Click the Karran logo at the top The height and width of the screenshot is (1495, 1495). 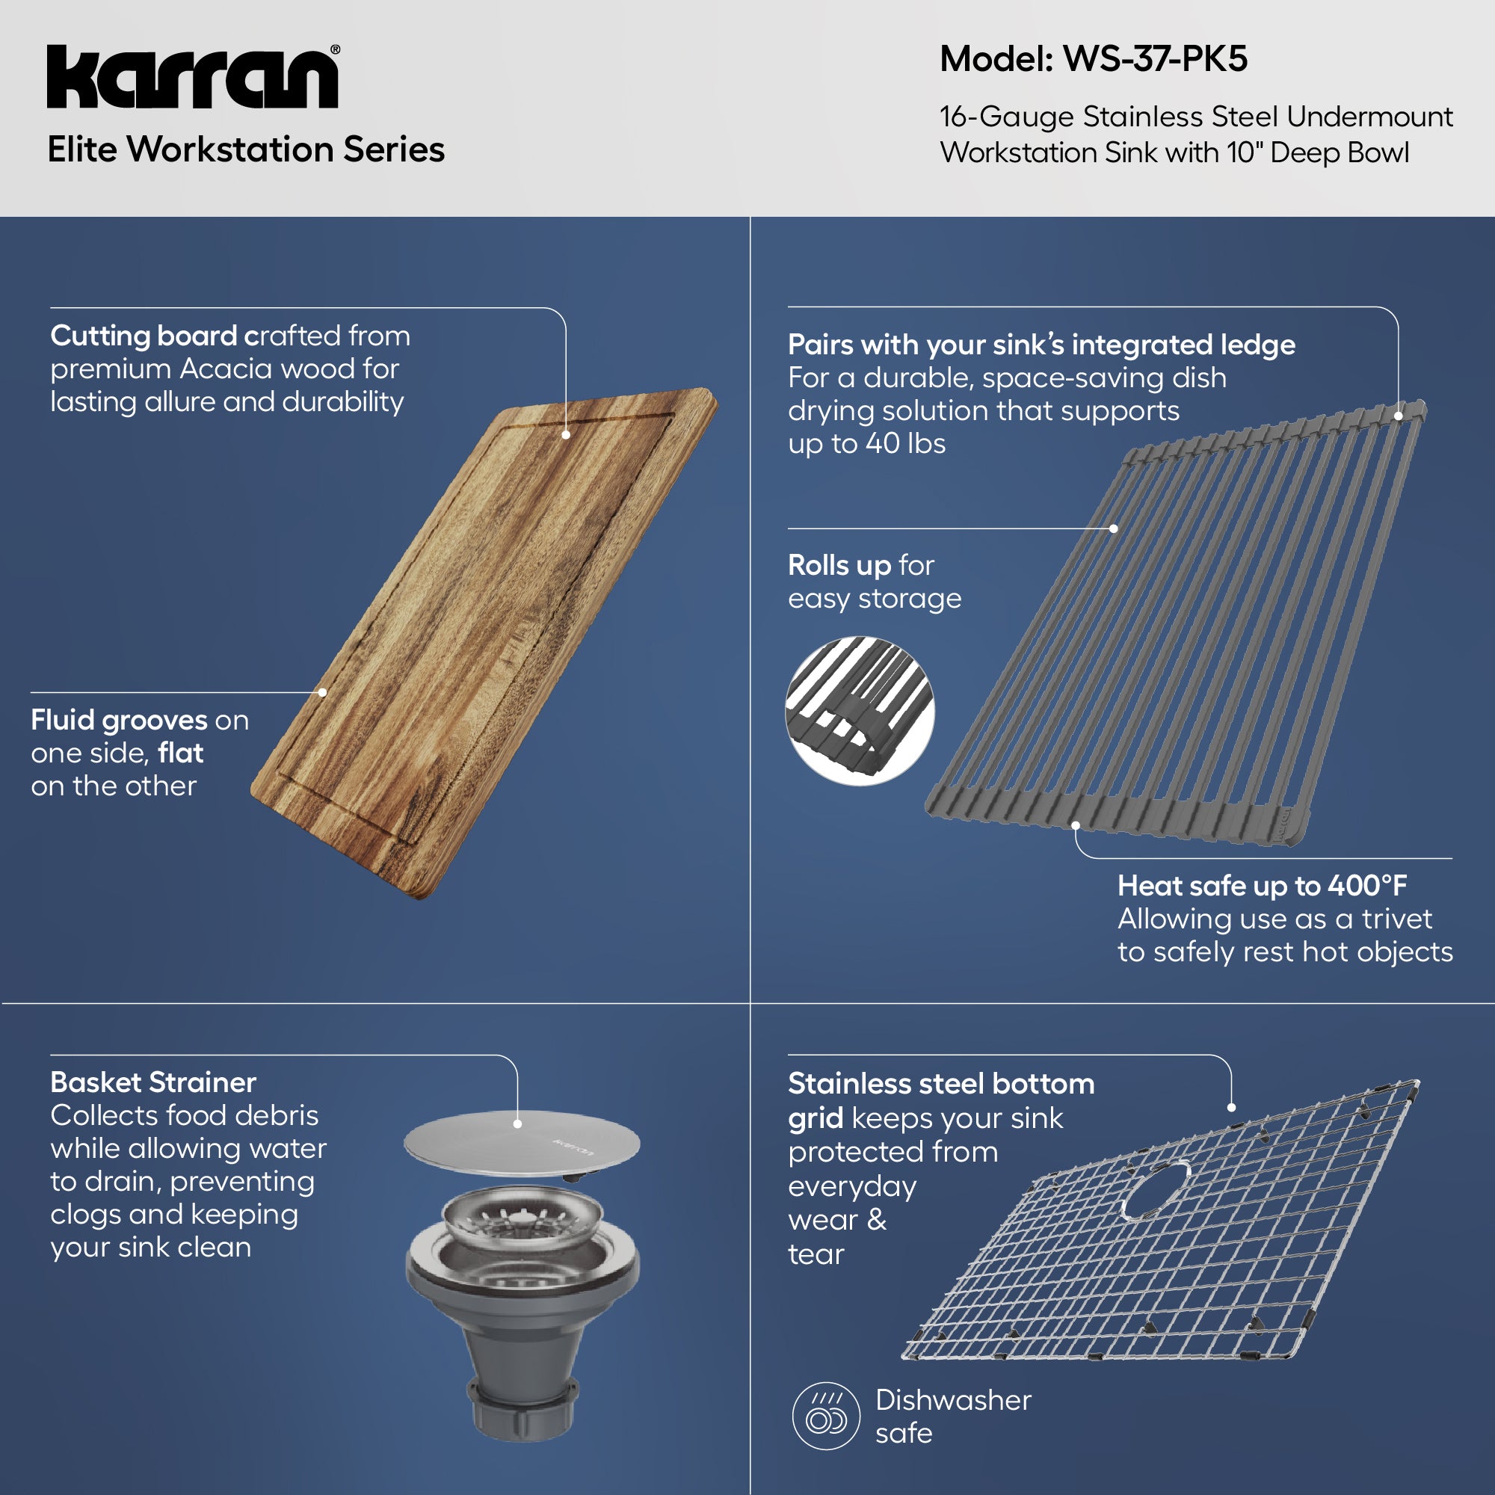coord(192,78)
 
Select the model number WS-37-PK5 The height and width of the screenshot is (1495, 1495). coord(1155,59)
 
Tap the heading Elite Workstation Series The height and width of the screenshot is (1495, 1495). coord(246,149)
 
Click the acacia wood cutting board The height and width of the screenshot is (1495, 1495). coord(484,642)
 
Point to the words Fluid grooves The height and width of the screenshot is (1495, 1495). coord(118,721)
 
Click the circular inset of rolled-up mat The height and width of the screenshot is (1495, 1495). coord(860,711)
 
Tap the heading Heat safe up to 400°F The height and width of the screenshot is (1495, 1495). coord(1261,885)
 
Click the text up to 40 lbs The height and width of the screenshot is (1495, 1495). coord(866,444)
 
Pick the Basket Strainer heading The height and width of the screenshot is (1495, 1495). coord(153,1082)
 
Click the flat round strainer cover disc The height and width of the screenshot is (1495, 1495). coord(523,1145)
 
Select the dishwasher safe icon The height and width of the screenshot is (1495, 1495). coord(826,1416)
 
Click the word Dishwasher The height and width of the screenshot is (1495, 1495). coord(953,1400)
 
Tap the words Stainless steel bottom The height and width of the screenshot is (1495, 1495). coord(941,1084)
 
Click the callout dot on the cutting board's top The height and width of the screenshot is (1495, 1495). coord(567,435)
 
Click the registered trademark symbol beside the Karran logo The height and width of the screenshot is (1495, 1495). coord(335,50)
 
